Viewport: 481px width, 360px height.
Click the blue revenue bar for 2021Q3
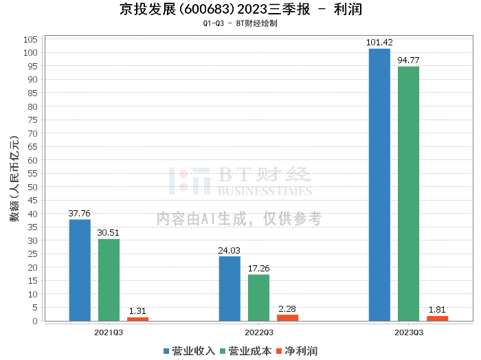[x=80, y=270]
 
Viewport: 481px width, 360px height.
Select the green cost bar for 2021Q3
[x=109, y=280]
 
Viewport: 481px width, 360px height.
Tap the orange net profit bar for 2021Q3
[x=137, y=319]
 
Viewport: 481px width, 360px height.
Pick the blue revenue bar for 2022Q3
[x=230, y=289]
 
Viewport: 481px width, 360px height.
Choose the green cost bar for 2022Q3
[x=258, y=297]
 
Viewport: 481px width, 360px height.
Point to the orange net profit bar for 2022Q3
[x=287, y=317]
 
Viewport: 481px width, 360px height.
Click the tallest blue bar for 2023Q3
[x=379, y=185]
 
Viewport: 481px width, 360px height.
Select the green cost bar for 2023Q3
[x=408, y=194]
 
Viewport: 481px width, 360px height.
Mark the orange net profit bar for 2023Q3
[x=437, y=318]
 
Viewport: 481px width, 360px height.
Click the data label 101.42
[x=379, y=43]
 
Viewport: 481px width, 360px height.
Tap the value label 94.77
[x=408, y=60]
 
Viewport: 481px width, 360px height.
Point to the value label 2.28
[x=287, y=308]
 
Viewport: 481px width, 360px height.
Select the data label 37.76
[x=80, y=213]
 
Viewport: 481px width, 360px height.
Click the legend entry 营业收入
[x=190, y=350]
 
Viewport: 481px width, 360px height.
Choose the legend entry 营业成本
[x=245, y=350]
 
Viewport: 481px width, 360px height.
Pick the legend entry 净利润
[x=296, y=350]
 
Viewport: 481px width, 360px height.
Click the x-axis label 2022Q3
[x=258, y=333]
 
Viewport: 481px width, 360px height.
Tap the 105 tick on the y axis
[x=30, y=39]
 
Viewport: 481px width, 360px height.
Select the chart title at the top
[x=240, y=10]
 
